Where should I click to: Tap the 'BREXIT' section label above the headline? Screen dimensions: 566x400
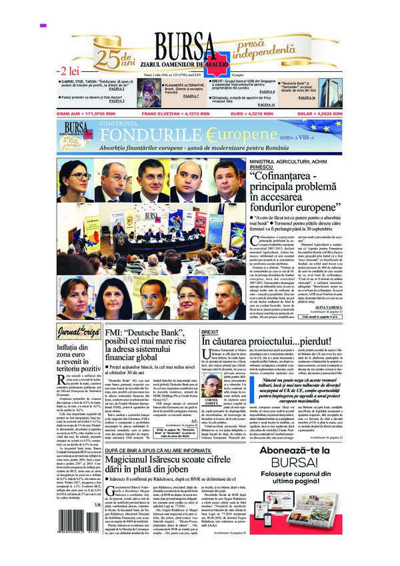[x=210, y=331]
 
